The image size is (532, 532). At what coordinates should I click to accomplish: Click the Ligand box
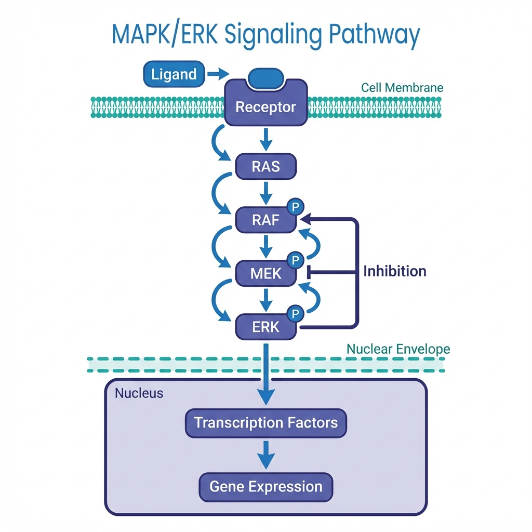(174, 74)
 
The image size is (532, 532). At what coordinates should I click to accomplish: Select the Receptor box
(265, 107)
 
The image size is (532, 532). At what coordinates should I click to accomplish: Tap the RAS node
(265, 167)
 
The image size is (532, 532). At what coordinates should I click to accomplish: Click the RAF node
(265, 220)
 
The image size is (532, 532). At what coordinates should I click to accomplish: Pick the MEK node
(265, 273)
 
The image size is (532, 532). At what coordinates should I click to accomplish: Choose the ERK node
(265, 327)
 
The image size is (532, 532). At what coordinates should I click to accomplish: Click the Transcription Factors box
(265, 422)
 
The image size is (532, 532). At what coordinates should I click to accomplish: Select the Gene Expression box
(265, 487)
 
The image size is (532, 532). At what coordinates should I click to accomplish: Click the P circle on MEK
(295, 260)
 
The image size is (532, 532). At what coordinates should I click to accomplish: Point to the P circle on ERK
(295, 313)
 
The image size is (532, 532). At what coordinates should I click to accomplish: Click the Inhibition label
(394, 271)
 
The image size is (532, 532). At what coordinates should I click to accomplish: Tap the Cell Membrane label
(402, 87)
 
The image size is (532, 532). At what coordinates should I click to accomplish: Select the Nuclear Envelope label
(398, 349)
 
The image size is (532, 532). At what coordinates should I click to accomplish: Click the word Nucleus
(139, 393)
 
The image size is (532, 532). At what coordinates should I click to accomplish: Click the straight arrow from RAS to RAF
(266, 192)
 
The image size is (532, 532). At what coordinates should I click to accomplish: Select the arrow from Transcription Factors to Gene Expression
(266, 455)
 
